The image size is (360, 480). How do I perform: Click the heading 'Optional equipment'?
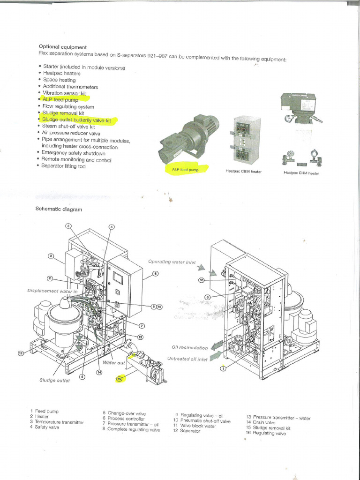62,47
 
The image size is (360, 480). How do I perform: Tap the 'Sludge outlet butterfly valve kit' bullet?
78,120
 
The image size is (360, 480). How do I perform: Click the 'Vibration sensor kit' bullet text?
65,93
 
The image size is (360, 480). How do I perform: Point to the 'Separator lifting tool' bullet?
64,166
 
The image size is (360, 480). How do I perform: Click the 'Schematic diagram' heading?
59,209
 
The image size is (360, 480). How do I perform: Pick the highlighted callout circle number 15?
119,379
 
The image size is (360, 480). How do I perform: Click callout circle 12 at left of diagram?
21,353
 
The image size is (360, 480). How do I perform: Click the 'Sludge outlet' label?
54,380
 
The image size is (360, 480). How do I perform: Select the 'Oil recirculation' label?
189,348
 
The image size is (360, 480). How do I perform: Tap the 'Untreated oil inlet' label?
187,359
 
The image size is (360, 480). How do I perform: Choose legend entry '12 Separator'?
187,431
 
